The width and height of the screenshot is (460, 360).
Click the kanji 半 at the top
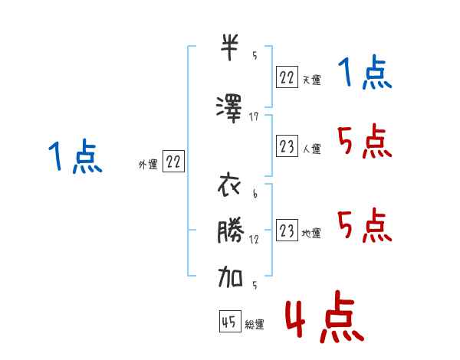click(230, 47)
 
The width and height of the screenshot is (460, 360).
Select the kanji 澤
click(229, 109)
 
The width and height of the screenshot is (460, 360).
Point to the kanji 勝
click(231, 230)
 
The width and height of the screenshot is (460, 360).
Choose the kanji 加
click(230, 277)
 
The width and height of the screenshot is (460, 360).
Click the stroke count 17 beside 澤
click(254, 117)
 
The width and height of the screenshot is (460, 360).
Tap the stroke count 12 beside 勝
click(254, 240)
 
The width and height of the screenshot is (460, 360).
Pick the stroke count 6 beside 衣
click(255, 194)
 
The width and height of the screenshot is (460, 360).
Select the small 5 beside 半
click(255, 55)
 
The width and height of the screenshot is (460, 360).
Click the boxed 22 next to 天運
click(287, 77)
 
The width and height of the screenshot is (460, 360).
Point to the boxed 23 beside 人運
click(287, 146)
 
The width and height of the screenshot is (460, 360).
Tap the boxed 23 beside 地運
click(287, 230)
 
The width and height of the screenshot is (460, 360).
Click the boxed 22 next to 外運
click(173, 161)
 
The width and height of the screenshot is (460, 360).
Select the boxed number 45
click(230, 321)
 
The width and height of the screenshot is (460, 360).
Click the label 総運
click(255, 324)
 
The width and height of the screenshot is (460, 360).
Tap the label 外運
click(148, 165)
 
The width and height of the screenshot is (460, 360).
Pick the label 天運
click(311, 80)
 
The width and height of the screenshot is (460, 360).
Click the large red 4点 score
click(325, 316)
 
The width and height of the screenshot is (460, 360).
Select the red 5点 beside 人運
click(364, 141)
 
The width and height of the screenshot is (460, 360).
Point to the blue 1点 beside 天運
click(365, 72)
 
